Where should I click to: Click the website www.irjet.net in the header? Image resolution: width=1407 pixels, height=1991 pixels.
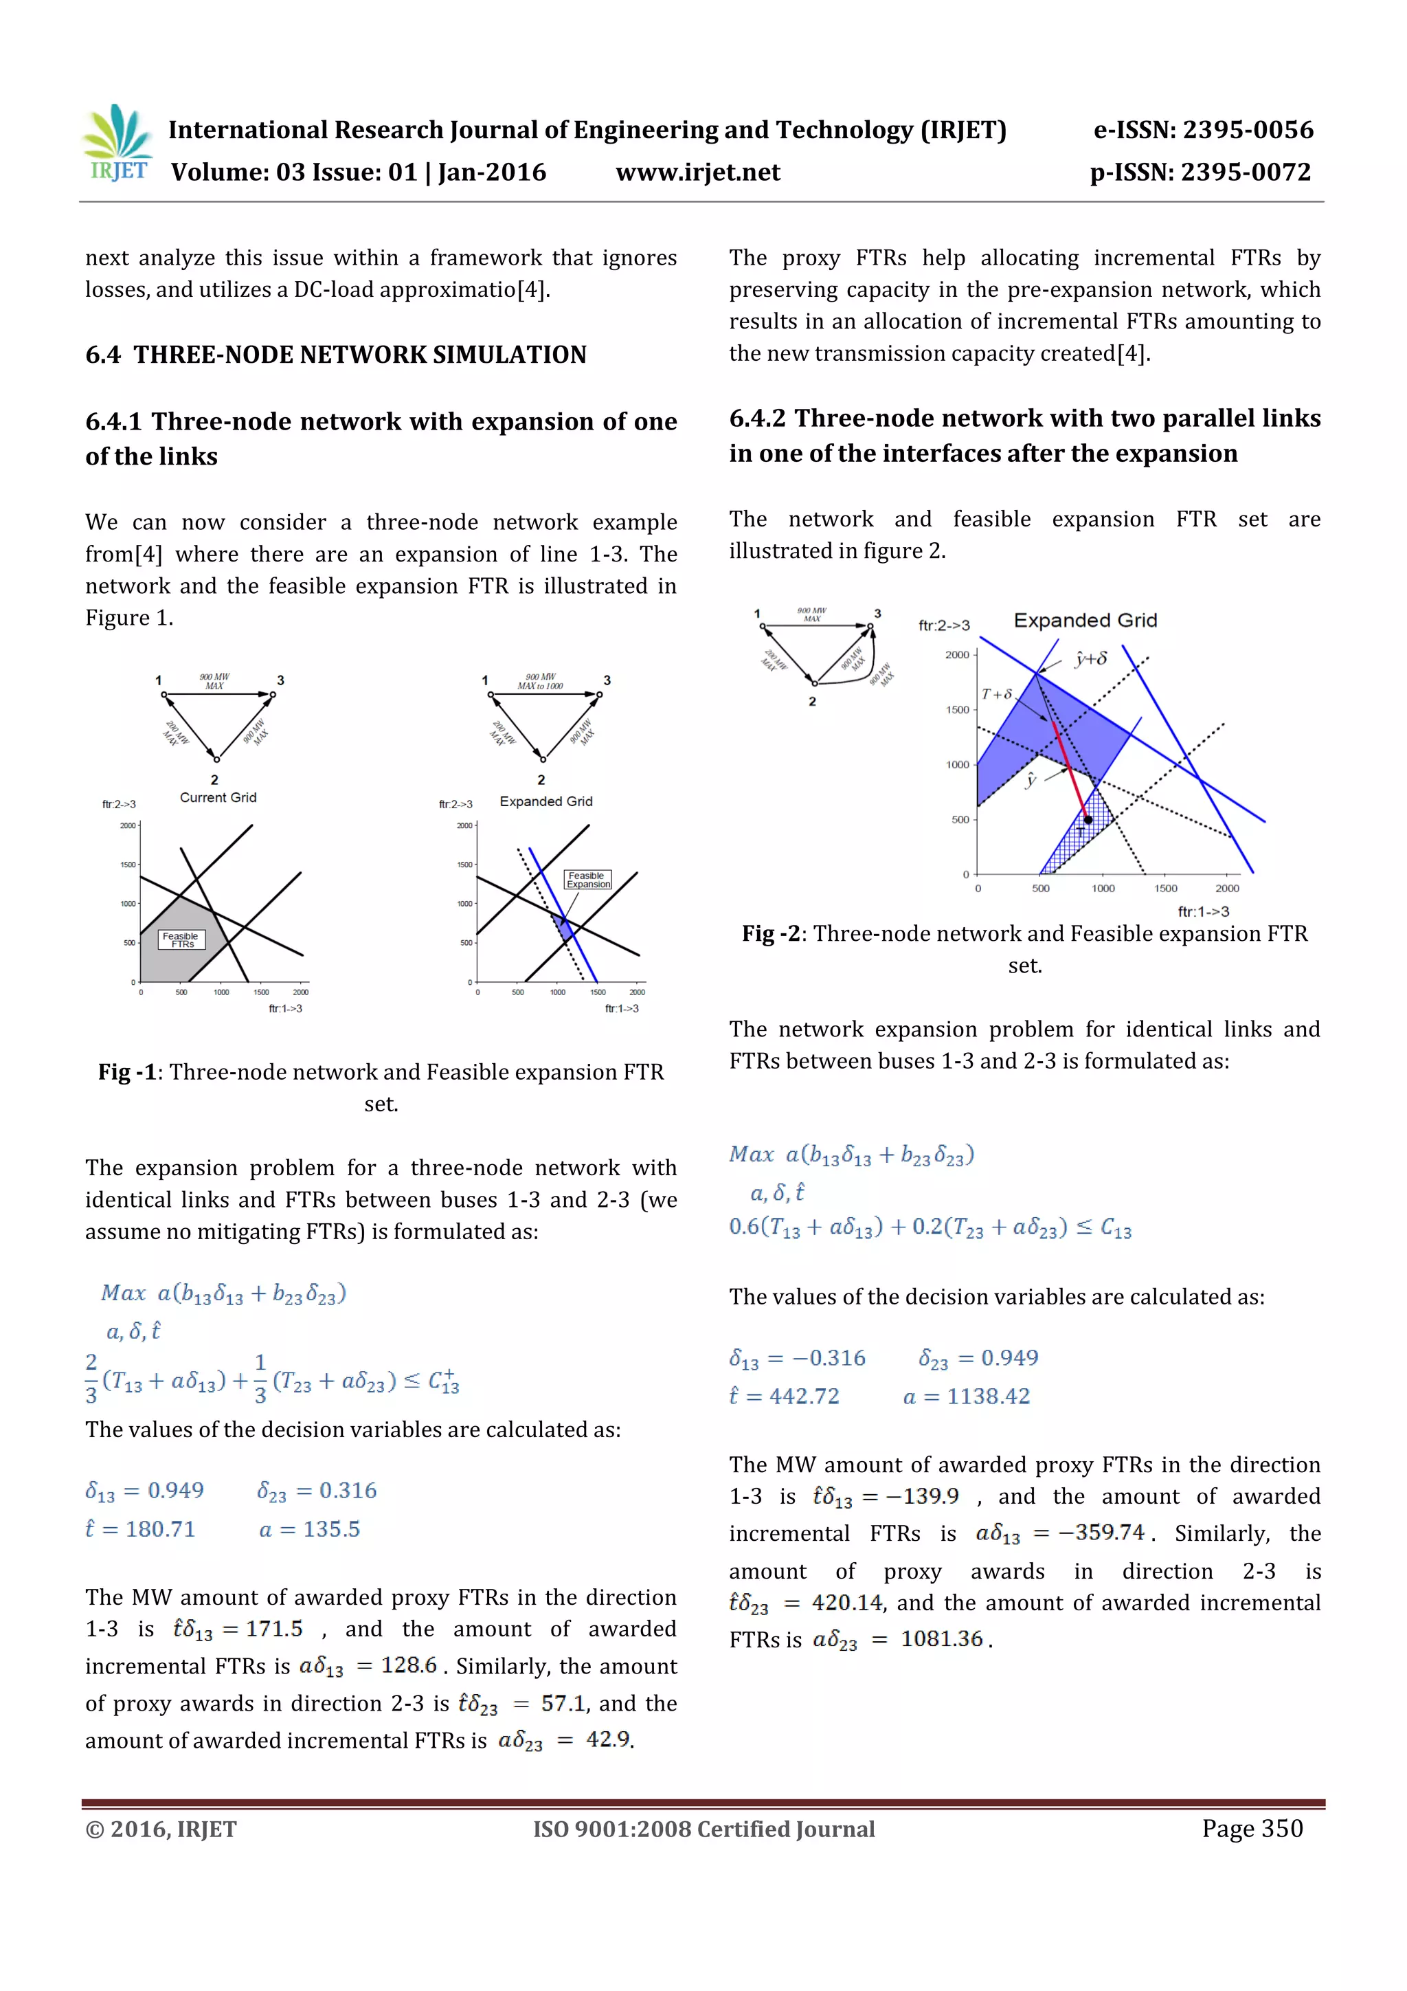(x=698, y=173)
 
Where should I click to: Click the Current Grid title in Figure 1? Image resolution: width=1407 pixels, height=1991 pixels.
(x=218, y=798)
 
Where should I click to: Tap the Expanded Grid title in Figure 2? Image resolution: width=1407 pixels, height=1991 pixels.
(x=1085, y=621)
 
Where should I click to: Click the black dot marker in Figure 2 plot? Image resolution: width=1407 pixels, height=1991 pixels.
(x=1088, y=819)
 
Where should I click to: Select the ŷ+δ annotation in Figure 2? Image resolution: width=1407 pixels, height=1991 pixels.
(x=1090, y=659)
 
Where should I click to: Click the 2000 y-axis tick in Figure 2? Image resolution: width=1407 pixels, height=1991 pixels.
(x=957, y=655)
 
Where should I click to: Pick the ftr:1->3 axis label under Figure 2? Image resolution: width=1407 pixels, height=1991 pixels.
(x=1202, y=911)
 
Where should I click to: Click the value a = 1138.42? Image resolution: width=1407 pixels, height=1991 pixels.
(x=966, y=1396)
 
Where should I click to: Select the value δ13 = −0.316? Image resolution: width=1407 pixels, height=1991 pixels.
(x=797, y=1358)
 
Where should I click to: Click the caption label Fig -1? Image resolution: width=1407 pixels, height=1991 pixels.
(x=126, y=1073)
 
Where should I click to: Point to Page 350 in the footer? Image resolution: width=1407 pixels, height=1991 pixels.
(x=1251, y=1829)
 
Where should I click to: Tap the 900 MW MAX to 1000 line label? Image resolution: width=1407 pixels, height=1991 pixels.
(x=540, y=682)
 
